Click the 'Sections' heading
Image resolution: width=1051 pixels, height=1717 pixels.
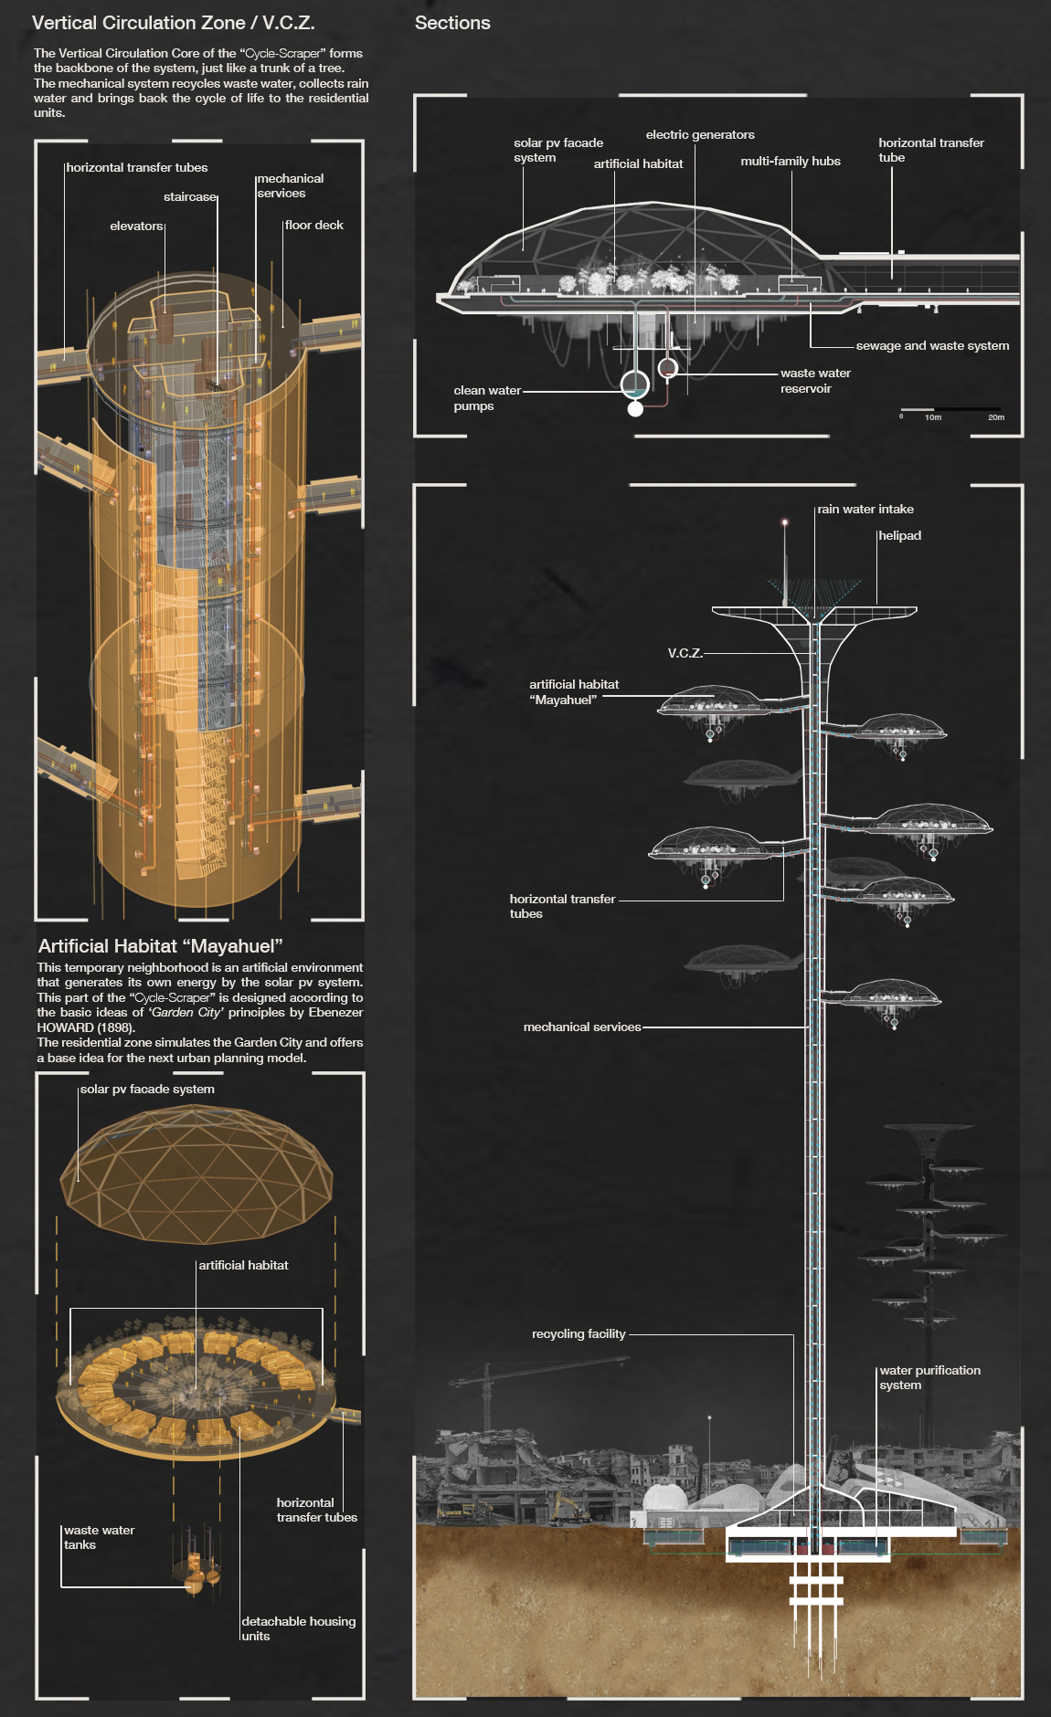(452, 23)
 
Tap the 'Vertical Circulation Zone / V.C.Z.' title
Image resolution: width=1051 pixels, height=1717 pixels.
(174, 23)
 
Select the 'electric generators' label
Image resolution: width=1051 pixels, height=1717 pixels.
(700, 135)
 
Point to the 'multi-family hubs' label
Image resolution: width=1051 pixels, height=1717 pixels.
(791, 161)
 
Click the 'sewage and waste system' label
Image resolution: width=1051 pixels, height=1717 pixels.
(932, 346)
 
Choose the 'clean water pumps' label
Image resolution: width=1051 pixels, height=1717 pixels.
(486, 398)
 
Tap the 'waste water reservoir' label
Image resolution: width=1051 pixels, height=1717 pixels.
(814, 381)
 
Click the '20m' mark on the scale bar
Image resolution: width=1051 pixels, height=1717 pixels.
(995, 417)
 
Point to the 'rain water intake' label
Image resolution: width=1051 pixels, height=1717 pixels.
(865, 510)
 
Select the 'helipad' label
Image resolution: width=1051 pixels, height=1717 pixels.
(899, 536)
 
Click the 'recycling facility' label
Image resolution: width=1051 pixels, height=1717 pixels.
(579, 1334)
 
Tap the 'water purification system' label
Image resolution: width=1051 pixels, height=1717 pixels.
(929, 1377)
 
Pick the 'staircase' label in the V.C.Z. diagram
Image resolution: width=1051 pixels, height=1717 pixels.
(190, 197)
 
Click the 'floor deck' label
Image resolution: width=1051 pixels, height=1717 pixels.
(313, 226)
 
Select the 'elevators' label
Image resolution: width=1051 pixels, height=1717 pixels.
(136, 226)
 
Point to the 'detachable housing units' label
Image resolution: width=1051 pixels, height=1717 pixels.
(298, 1628)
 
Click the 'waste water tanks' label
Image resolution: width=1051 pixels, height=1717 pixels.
(99, 1537)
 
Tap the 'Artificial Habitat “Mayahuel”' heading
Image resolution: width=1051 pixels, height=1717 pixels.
(161, 946)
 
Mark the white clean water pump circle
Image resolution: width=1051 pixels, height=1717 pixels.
(635, 409)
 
